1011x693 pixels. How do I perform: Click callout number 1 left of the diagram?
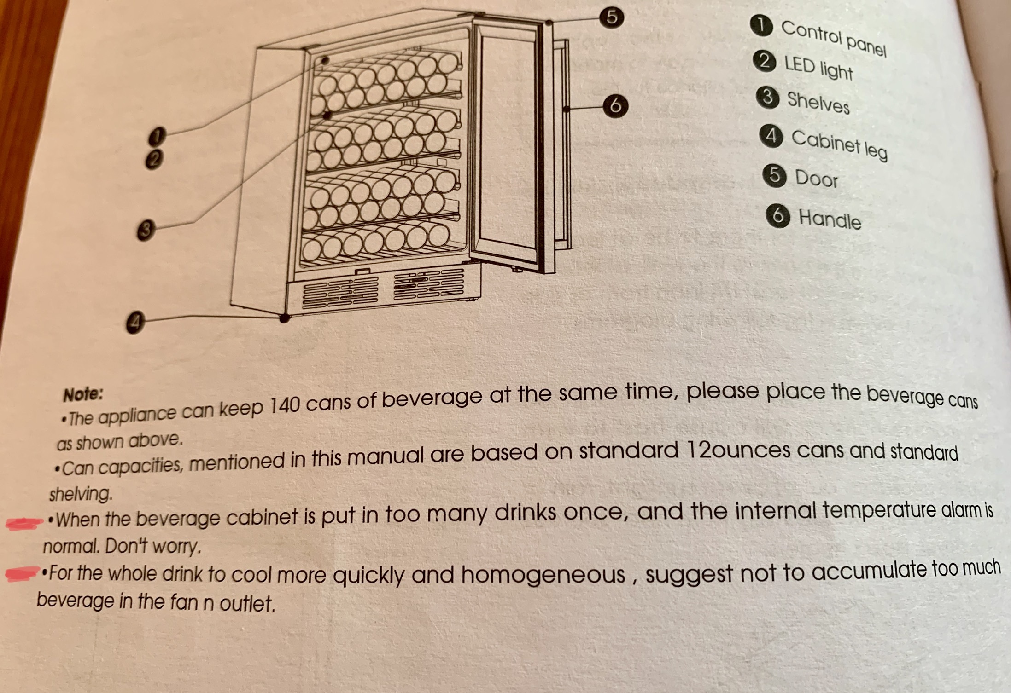coord(157,137)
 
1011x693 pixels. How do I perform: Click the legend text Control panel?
coord(834,38)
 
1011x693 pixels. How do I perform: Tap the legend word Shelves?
coord(818,103)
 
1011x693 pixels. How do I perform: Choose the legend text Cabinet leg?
coord(839,144)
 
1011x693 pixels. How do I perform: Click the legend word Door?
coord(816,178)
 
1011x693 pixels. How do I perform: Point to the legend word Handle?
coord(830,219)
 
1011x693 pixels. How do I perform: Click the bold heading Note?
coord(83,394)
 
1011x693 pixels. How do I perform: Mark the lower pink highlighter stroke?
coord(22,573)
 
